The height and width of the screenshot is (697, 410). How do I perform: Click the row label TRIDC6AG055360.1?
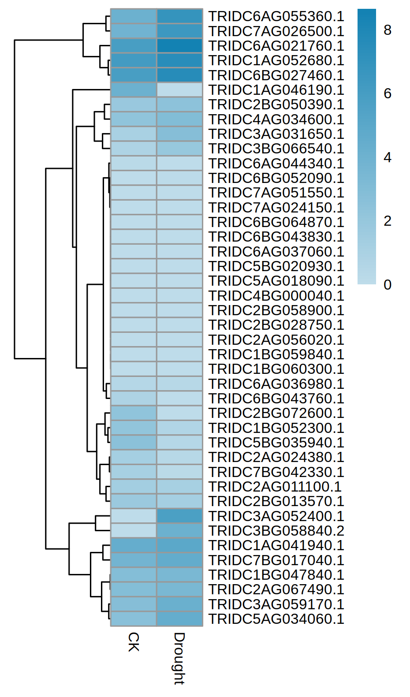click(276, 16)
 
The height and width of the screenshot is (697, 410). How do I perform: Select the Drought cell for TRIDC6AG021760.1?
click(179, 46)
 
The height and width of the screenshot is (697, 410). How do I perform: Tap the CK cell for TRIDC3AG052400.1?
click(134, 516)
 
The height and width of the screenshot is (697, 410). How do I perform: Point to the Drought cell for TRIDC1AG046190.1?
click(179, 90)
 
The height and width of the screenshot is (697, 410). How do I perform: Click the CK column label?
click(134, 642)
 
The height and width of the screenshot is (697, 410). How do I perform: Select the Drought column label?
click(179, 658)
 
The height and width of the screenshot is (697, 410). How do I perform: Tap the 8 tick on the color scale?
click(388, 30)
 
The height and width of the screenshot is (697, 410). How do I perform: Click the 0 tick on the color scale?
click(388, 285)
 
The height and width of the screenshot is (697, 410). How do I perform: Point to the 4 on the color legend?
click(388, 157)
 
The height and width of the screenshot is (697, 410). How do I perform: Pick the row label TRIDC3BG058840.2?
click(276, 531)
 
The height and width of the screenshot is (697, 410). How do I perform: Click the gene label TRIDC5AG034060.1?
click(276, 619)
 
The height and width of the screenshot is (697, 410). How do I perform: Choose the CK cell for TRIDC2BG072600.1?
click(134, 413)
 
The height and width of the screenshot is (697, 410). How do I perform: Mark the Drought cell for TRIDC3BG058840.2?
click(179, 531)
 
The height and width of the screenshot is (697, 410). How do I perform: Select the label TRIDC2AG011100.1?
click(275, 487)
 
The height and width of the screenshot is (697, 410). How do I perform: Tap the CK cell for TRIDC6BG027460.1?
click(134, 75)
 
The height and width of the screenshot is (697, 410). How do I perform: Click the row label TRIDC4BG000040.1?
click(276, 296)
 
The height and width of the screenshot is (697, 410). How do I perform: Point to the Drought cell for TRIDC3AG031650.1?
click(179, 134)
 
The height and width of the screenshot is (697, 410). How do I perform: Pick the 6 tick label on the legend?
click(388, 93)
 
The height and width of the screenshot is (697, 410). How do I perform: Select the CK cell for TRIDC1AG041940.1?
click(134, 545)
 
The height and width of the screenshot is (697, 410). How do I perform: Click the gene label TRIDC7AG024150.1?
click(276, 208)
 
